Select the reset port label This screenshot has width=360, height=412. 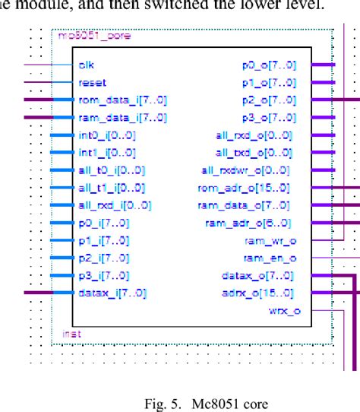coord(92,82)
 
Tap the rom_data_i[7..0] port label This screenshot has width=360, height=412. coord(122,100)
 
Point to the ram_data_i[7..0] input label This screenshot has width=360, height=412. coord(122,117)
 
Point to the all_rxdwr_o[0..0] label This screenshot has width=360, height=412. coord(245,170)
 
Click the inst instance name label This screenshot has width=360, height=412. coord(68,334)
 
